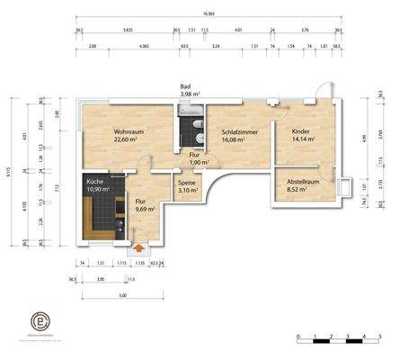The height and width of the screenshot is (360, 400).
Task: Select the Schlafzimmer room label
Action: [x=239, y=131]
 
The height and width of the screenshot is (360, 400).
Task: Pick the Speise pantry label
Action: [x=187, y=181]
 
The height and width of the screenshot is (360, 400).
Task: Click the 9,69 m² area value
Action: [x=145, y=208]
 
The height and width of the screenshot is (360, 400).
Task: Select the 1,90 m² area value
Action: [x=198, y=163]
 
